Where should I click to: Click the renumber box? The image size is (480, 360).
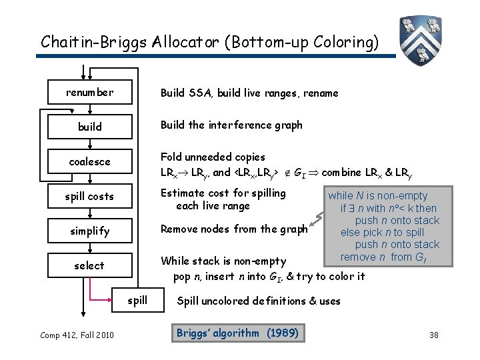tap(89, 93)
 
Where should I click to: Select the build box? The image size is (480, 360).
tap(89, 127)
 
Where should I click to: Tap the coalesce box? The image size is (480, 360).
tap(89, 162)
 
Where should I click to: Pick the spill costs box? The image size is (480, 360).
tap(89, 197)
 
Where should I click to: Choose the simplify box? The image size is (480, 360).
tap(89, 231)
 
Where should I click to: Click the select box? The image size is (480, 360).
tap(89, 266)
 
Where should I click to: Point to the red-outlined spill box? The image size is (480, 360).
tap(137, 300)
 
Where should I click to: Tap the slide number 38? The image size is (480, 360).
tap(434, 335)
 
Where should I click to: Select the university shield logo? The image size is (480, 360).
tap(422, 38)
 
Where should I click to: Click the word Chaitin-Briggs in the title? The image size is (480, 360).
tap(90, 42)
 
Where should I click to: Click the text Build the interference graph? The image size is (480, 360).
tap(231, 125)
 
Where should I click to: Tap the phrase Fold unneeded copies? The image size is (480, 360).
tap(213, 157)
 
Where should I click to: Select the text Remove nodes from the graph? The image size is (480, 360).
tap(234, 229)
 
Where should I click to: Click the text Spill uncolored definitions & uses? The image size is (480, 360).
tap(258, 301)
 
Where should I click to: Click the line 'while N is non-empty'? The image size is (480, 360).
tap(377, 196)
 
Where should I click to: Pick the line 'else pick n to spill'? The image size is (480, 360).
tap(382, 233)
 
